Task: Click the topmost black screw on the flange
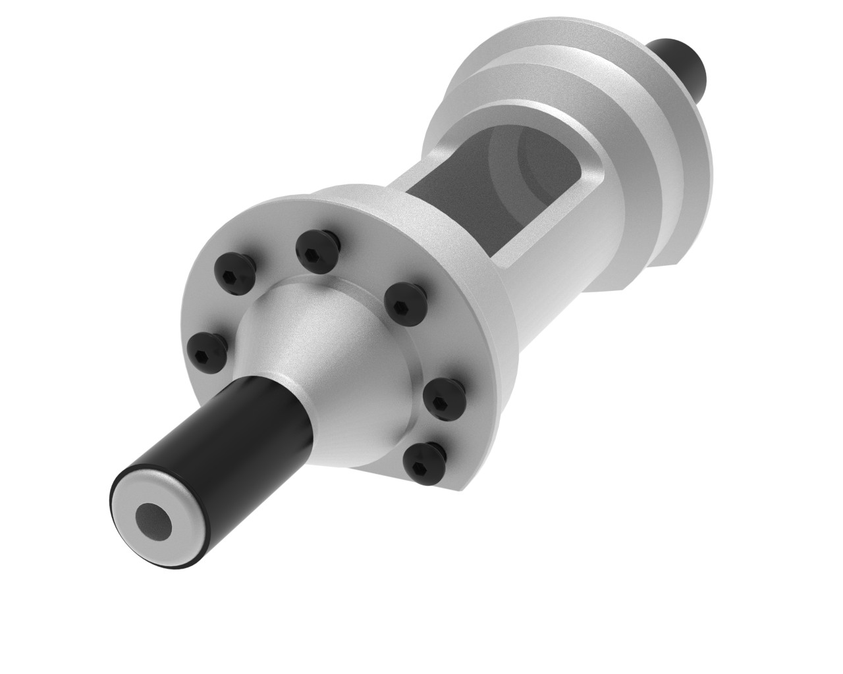pyautogui.click(x=317, y=248)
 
